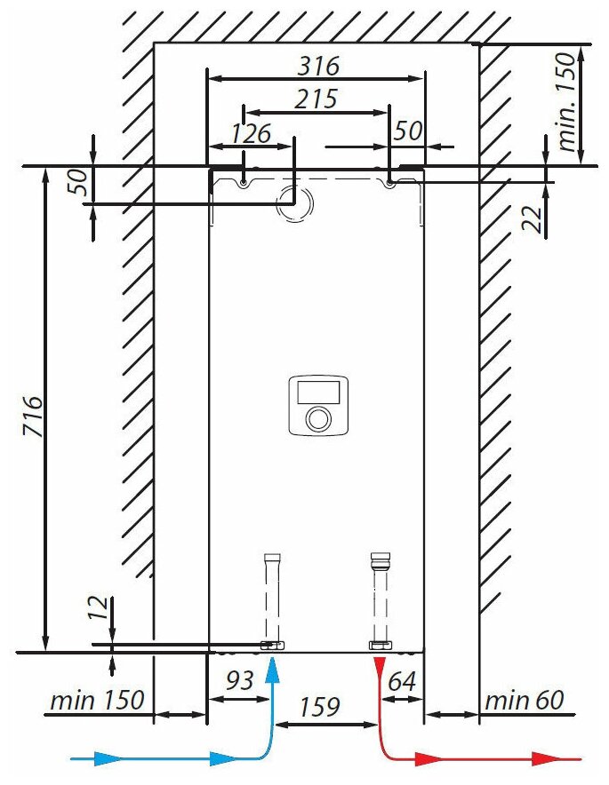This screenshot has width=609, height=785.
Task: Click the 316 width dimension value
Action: (x=317, y=66)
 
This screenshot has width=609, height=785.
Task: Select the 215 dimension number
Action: (x=316, y=99)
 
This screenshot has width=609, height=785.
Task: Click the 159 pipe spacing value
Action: (x=318, y=707)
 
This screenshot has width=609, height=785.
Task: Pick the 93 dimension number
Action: (x=238, y=681)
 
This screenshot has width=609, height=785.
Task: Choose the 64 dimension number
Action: (x=402, y=681)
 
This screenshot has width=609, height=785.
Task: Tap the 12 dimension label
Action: (x=100, y=607)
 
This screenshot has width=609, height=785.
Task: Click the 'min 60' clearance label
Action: (x=524, y=701)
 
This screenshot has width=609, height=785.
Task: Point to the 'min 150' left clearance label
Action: (x=96, y=701)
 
